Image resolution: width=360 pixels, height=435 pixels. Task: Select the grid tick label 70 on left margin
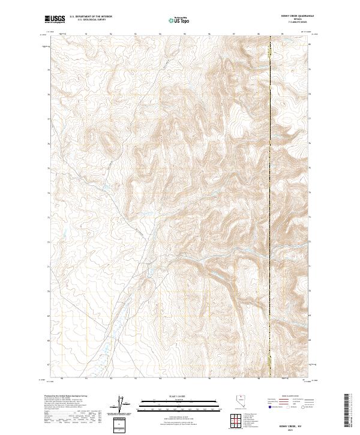(x=48, y=291)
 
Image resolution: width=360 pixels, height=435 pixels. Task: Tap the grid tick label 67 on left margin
(x=48, y=364)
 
